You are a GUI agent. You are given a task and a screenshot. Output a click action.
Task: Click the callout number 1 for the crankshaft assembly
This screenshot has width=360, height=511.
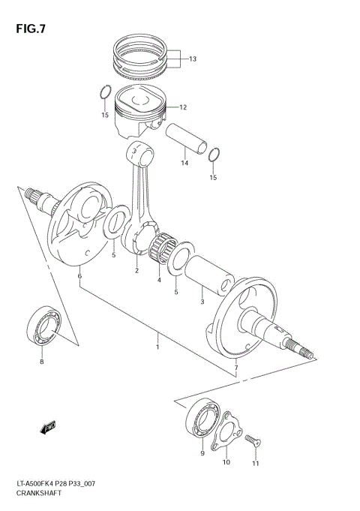158,347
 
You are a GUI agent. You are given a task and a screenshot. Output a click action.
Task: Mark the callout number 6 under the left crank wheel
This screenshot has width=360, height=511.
79,277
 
